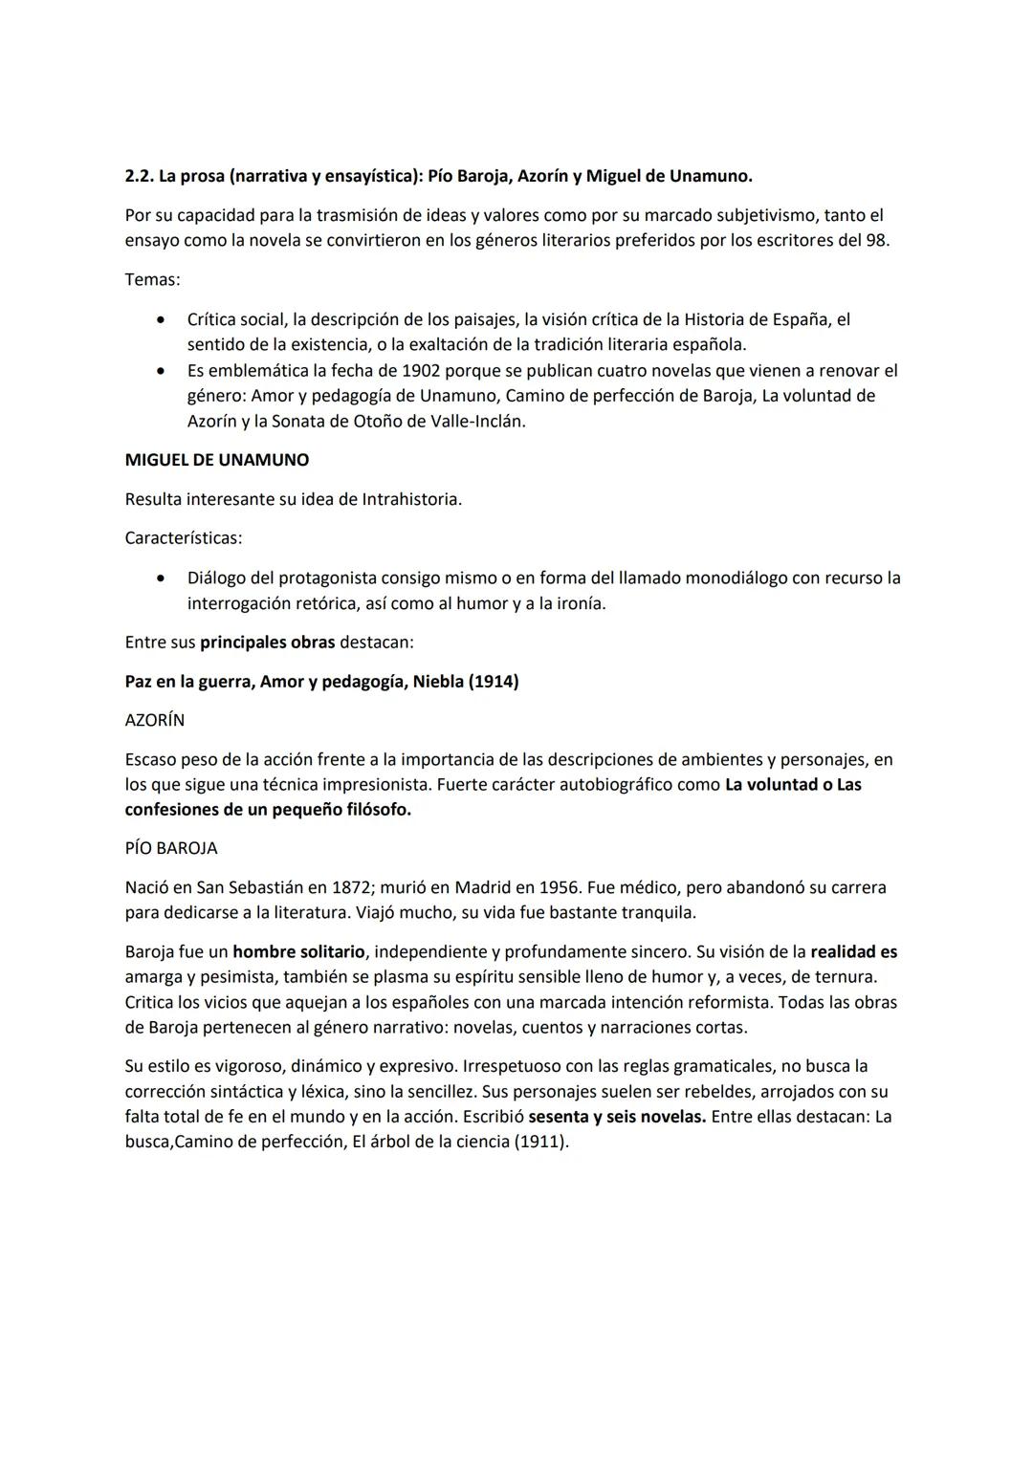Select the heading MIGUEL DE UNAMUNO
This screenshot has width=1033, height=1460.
pos(217,460)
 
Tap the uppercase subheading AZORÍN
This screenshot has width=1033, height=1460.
pos(155,720)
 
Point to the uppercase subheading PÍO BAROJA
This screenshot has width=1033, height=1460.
pos(171,848)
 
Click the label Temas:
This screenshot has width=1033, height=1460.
pos(152,280)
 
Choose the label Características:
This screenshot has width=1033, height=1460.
pos(183,538)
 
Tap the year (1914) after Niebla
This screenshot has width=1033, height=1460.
pos(494,682)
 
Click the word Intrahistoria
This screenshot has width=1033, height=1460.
pos(411,499)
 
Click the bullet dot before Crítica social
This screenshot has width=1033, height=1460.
pos(166,319)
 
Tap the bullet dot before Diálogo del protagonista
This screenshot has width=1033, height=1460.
pos(166,577)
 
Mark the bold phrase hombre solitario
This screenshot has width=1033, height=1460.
pos(298,952)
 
